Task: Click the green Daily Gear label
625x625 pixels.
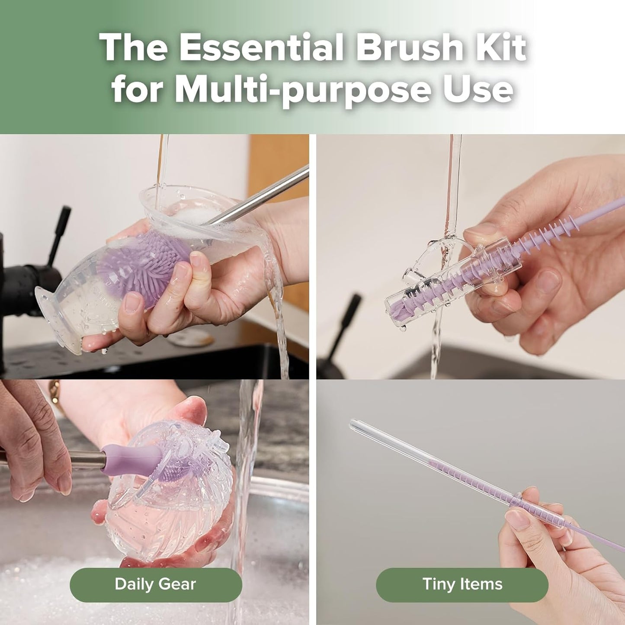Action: pos(156,584)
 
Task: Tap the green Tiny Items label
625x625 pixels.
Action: pos(462,584)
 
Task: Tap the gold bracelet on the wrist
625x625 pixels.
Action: pos(54,391)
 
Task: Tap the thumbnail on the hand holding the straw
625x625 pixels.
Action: pos(517,519)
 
